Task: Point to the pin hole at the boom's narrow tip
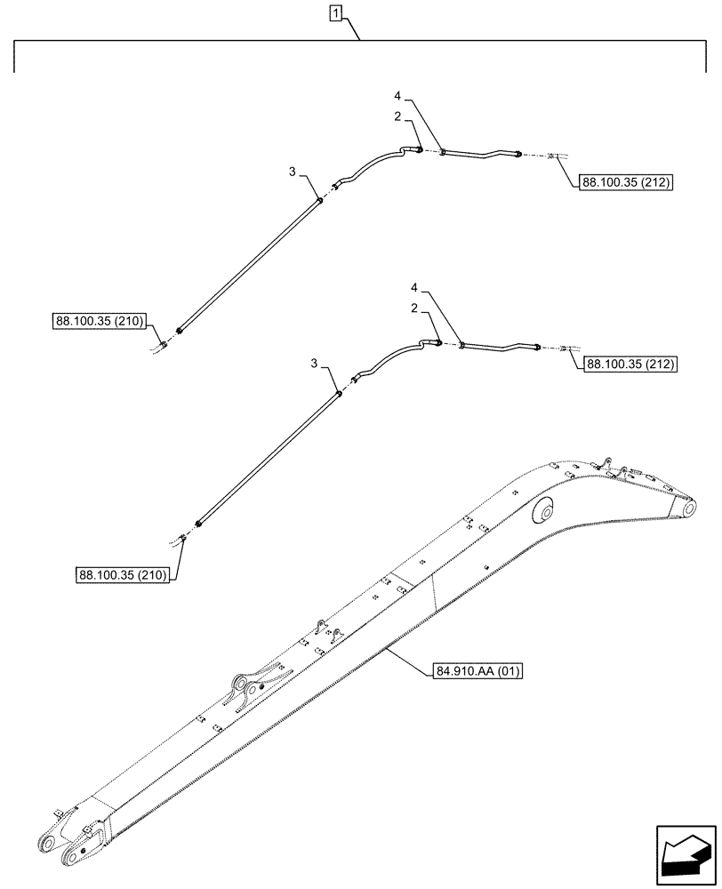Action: pyautogui.click(x=689, y=506)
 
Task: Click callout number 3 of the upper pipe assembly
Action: pyautogui.click(x=291, y=172)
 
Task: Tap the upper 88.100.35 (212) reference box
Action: pyautogui.click(x=625, y=182)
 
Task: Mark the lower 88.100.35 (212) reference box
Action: pyautogui.click(x=631, y=364)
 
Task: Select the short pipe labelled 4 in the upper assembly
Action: pyautogui.click(x=480, y=156)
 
